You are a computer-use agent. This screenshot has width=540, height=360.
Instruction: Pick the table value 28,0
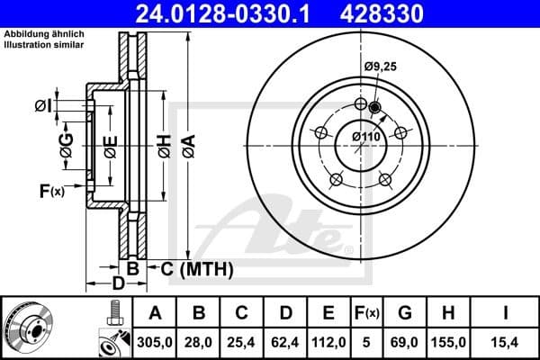[x=199, y=340]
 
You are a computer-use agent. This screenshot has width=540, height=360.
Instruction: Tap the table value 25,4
[x=242, y=340]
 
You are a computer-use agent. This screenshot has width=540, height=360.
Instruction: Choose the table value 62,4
[x=285, y=340]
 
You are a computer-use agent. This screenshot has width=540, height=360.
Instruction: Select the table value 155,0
[x=451, y=340]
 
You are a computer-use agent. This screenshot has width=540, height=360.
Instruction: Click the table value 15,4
[x=505, y=340]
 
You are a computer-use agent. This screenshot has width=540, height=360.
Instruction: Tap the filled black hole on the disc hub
[x=375, y=110]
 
